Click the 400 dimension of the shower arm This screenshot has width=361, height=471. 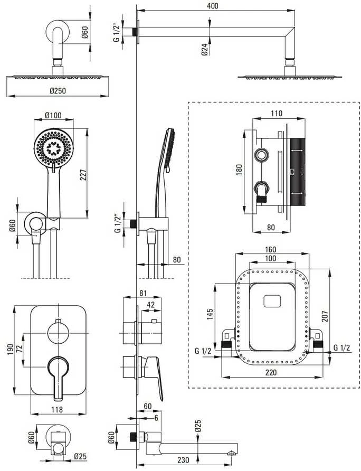pos(213,6)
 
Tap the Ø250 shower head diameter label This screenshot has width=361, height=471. pos(58,90)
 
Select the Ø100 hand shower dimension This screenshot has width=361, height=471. pos(53,115)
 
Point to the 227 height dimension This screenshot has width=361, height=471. pos(83,175)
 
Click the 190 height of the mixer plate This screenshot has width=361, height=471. pos(10,350)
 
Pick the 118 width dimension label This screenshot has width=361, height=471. pos(57,409)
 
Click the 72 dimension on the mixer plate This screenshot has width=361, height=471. pos(19,348)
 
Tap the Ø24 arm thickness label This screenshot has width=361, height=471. pos(205,50)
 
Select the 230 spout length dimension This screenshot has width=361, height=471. pos(183,460)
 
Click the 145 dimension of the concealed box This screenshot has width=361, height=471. pos(210,314)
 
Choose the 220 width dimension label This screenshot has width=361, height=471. pos(271,372)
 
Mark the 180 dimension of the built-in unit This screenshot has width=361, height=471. pos(239,169)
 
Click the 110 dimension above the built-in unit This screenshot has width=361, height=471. pos(277,113)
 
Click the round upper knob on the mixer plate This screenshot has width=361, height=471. pos(58,333)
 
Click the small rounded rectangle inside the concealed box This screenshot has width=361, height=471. pos(272,302)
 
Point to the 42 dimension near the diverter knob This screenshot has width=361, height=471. pos(151,305)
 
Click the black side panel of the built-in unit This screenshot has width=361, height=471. pos(298,172)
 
